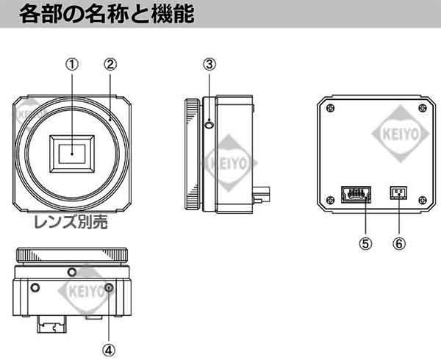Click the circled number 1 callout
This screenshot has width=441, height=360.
72,64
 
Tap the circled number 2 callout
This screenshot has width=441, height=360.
110,64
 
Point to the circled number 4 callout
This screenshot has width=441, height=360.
109,330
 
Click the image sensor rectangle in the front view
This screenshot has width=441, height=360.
72,153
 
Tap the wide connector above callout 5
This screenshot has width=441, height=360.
356,195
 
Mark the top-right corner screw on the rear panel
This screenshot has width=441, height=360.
422,109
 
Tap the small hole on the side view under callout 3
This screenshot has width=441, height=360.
210,126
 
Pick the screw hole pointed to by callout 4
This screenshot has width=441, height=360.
109,287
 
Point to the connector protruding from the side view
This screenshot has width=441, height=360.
262,197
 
